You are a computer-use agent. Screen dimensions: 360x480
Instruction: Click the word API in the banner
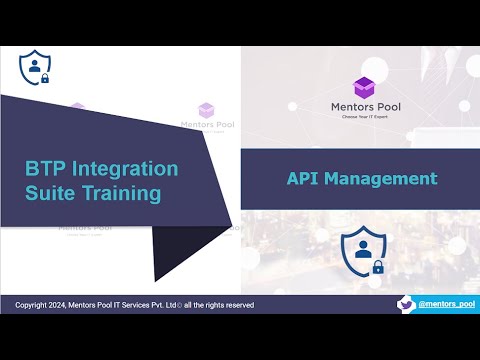click(x=304, y=179)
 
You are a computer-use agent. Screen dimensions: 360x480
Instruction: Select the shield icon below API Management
click(x=361, y=253)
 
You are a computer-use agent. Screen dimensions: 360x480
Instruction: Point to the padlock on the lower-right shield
click(x=378, y=267)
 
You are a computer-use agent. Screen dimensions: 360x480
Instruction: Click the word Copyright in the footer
click(x=35, y=304)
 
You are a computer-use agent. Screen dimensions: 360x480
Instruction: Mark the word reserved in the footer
click(x=234, y=304)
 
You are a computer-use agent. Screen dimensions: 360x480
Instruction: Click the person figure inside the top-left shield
click(x=35, y=65)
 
